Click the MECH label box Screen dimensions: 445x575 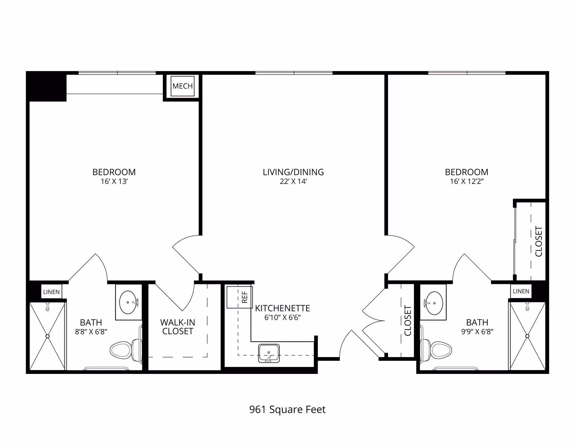(182, 86)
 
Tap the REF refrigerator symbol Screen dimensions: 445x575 (240, 297)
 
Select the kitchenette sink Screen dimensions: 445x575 (269, 353)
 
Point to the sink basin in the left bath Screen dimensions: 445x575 (128, 302)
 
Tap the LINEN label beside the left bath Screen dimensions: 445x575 (52, 292)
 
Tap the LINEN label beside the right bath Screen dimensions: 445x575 (521, 291)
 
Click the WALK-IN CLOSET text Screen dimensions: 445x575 (178, 327)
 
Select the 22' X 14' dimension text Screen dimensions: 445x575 (293, 181)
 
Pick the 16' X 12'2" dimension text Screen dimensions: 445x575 (467, 181)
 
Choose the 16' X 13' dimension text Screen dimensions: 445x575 (114, 181)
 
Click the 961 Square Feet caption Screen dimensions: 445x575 (287, 409)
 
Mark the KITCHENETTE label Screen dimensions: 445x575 (282, 308)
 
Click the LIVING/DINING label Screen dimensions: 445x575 (293, 172)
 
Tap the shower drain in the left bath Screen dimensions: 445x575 (47, 336)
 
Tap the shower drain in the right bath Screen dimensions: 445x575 (527, 336)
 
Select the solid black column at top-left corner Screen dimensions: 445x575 (46, 86)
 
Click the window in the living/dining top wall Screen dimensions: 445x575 (294, 73)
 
